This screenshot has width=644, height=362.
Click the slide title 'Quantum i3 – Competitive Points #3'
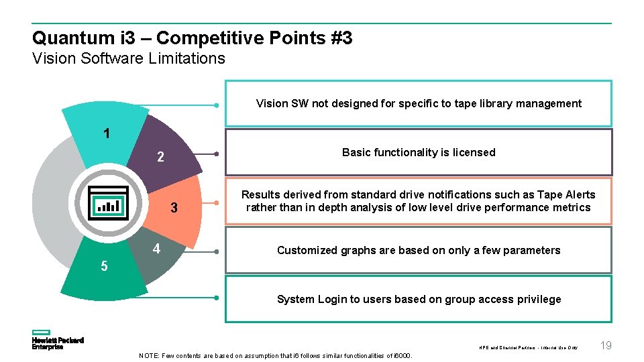(192, 38)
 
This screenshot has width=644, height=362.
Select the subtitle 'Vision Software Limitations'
(129, 58)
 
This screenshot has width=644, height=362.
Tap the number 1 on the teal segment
(107, 133)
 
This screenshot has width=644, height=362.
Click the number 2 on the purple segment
(160, 158)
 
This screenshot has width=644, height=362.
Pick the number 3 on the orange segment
(174, 208)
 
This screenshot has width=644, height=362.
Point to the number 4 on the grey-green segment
(156, 249)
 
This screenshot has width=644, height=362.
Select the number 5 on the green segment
(104, 266)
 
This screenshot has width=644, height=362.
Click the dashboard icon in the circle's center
(108, 201)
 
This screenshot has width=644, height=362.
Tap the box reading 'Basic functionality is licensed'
(419, 152)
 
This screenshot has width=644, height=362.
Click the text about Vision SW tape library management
(419, 103)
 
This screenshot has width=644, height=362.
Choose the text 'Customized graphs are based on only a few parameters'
(419, 250)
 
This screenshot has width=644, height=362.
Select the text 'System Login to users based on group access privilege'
(419, 299)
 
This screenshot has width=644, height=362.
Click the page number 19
(606, 345)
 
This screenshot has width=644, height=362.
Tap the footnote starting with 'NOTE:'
(276, 355)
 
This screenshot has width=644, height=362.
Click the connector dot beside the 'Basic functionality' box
(217, 154)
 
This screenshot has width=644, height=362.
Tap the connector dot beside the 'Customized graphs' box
(217, 251)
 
